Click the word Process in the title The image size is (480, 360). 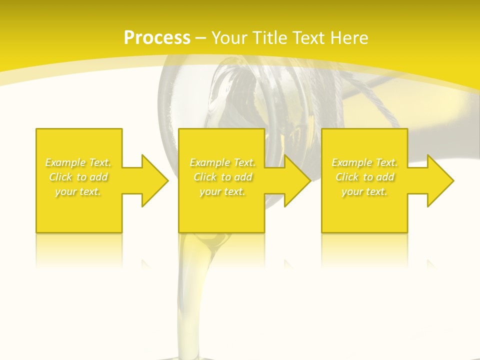pos(157,38)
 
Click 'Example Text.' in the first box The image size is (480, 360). pos(78,162)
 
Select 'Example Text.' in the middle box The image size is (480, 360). pos(222,162)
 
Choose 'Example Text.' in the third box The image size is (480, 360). pos(364,162)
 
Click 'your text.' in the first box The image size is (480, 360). pos(78,192)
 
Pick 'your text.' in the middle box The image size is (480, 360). pos(222,192)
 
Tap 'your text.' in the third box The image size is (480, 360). pos(364,192)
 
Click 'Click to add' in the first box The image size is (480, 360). pos(78,177)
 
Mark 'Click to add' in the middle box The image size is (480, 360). pos(222,177)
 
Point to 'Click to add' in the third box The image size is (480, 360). pos(364,177)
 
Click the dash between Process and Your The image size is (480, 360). pos(201,38)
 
